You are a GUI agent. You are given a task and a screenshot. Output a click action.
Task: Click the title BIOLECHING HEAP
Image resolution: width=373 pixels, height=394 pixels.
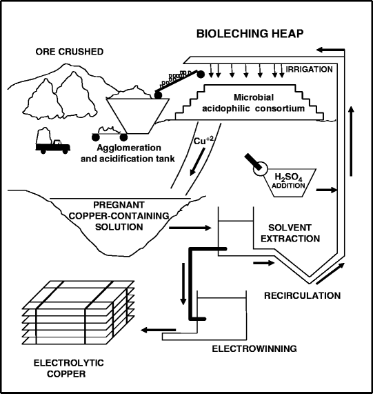pos(250,34)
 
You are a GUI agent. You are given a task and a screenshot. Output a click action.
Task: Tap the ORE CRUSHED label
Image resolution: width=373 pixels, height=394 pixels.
pos(70,52)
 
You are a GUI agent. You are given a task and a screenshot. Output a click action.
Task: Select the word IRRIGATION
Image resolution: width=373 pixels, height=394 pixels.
pos(310,69)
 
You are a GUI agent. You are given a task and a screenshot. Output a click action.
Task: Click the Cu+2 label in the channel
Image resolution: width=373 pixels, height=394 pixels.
pos(203,141)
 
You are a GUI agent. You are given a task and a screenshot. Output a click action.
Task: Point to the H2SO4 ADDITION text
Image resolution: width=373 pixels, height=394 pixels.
pos(288,181)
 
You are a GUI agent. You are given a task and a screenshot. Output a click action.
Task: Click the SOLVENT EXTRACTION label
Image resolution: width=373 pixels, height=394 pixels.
pos(290,233)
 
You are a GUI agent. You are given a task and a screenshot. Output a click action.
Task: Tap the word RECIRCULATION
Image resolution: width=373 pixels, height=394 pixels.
pos(303,295)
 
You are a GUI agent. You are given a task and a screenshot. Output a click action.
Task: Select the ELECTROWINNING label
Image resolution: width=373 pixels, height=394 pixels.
pos(254,348)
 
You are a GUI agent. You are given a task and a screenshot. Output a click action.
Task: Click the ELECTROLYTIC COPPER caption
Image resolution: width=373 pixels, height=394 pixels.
pos(68,368)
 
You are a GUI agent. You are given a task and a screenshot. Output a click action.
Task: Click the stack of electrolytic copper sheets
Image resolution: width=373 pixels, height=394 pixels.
pos(79,313)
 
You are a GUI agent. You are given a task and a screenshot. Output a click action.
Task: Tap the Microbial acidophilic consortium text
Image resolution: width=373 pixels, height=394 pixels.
pos(254,103)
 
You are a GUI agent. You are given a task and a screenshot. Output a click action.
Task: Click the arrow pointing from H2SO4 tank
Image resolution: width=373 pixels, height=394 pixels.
pos(326,190)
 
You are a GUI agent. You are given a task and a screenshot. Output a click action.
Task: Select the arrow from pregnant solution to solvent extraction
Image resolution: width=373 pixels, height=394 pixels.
pos(190,228)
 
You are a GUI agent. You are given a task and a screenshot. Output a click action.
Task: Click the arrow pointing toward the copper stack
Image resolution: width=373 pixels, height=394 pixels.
pos(159,330)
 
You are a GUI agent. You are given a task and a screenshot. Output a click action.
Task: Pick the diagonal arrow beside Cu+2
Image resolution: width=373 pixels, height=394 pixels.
pos(197,161)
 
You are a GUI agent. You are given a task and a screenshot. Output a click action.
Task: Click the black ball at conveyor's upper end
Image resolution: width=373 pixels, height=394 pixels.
pos(201,74)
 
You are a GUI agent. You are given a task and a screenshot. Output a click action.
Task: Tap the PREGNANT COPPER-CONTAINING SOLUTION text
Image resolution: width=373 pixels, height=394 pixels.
pos(119,216)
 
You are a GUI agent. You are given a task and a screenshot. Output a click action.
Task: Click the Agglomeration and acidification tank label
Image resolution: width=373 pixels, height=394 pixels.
pos(128,153)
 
